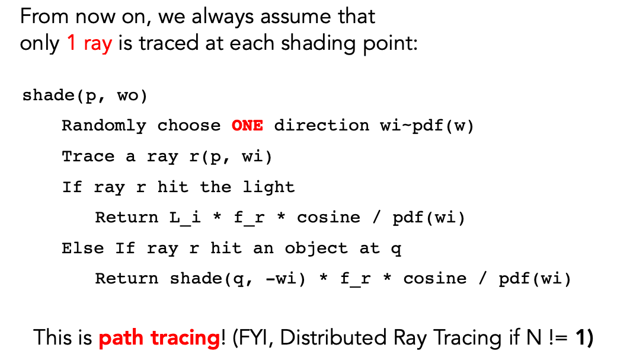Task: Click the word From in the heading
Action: coord(44,17)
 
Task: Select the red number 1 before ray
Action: coord(72,43)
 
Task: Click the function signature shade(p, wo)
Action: coord(85,95)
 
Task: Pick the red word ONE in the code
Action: coord(247,126)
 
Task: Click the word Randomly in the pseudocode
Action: coord(104,126)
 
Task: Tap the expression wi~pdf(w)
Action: coord(427,126)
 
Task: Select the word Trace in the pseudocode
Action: coord(88,157)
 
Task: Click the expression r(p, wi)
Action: coord(231,157)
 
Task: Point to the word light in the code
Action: coord(268,187)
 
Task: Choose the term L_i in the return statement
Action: coord(185,218)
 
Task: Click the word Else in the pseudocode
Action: coord(82,248)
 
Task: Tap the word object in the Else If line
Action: coord(316,249)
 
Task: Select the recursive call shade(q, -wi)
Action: coord(237,279)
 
